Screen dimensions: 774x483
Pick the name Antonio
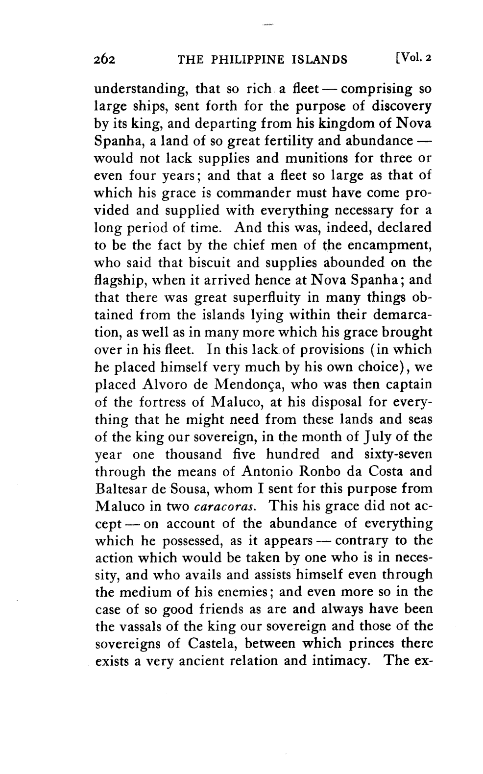tap(266, 471)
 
